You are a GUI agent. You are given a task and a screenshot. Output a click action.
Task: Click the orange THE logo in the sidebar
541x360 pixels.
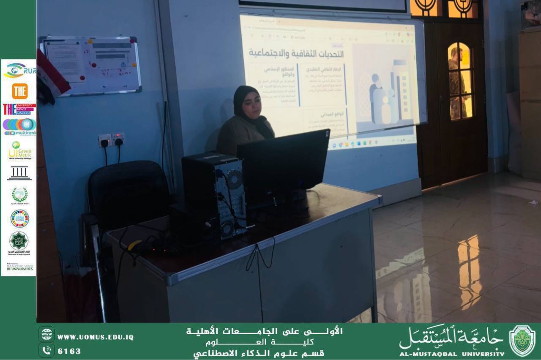(19, 91)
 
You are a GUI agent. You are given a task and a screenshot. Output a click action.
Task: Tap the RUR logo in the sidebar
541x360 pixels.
(19, 71)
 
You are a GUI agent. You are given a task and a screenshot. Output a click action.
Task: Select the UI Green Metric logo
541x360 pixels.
(19, 151)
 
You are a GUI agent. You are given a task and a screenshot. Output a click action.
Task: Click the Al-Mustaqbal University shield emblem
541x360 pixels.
(522, 341)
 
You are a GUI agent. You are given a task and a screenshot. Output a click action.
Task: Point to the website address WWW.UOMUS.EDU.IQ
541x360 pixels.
(96, 337)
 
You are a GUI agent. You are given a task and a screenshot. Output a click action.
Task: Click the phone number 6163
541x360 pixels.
(69, 351)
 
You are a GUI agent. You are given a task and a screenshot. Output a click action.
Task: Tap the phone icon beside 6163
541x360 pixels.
(46, 350)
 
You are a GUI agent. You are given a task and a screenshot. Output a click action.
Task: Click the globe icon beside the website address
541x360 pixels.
(46, 334)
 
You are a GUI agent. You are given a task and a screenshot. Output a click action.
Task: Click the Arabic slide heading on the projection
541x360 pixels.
(296, 53)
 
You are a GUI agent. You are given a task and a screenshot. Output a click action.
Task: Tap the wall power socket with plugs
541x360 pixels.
(112, 139)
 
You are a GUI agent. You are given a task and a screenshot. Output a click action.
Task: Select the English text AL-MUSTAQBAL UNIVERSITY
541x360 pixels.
(452, 354)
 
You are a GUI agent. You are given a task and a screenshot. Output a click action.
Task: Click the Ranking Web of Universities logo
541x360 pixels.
(19, 267)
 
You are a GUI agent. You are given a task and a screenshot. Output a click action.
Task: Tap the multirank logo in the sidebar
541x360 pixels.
(19, 127)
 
